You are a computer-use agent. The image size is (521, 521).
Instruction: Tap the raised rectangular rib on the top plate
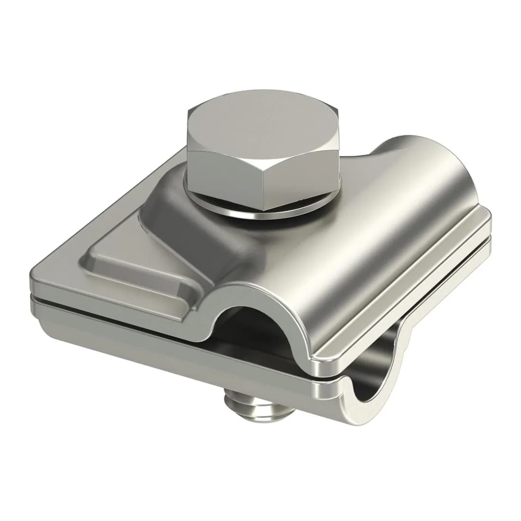coord(140,270)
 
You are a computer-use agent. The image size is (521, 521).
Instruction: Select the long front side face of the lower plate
coord(169,347)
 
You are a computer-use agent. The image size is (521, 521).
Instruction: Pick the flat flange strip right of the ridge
coord(410,289)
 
